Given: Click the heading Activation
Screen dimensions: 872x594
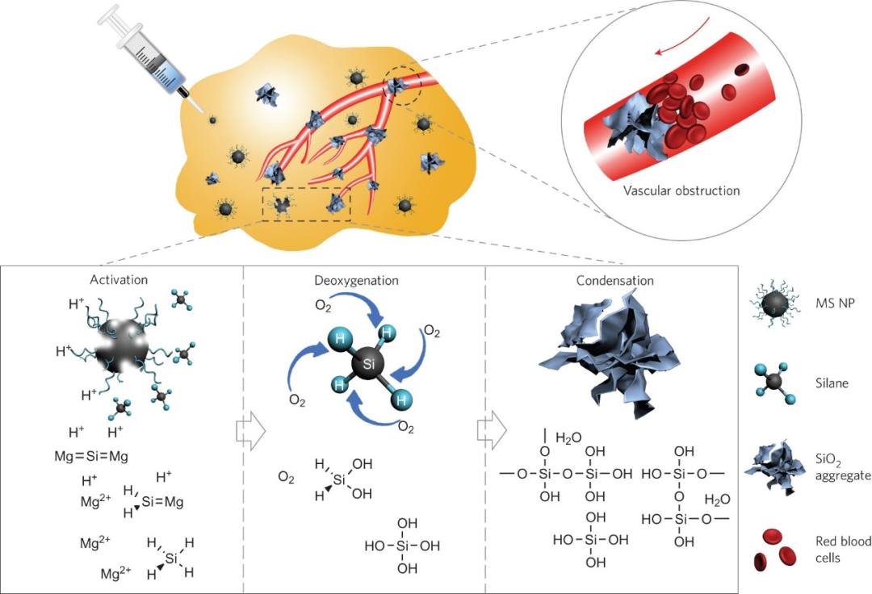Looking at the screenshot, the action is (x=119, y=279).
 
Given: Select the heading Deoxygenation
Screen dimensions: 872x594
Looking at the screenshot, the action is (x=357, y=280).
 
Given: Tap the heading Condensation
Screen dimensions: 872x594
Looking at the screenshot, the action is (x=614, y=280).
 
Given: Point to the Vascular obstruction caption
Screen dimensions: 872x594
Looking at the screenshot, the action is (x=681, y=190).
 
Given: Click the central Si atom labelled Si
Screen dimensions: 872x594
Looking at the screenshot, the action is (x=369, y=364).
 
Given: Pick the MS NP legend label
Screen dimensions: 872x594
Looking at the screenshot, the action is (x=835, y=303).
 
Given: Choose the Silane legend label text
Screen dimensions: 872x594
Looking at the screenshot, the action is (x=832, y=383).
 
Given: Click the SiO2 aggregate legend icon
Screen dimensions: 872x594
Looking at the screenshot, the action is (x=777, y=467).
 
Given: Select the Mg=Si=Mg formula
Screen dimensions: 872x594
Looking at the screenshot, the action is (x=91, y=456).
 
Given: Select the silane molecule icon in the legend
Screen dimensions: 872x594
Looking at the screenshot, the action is (x=777, y=383).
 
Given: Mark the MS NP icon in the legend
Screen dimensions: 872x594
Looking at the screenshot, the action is (x=774, y=303).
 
